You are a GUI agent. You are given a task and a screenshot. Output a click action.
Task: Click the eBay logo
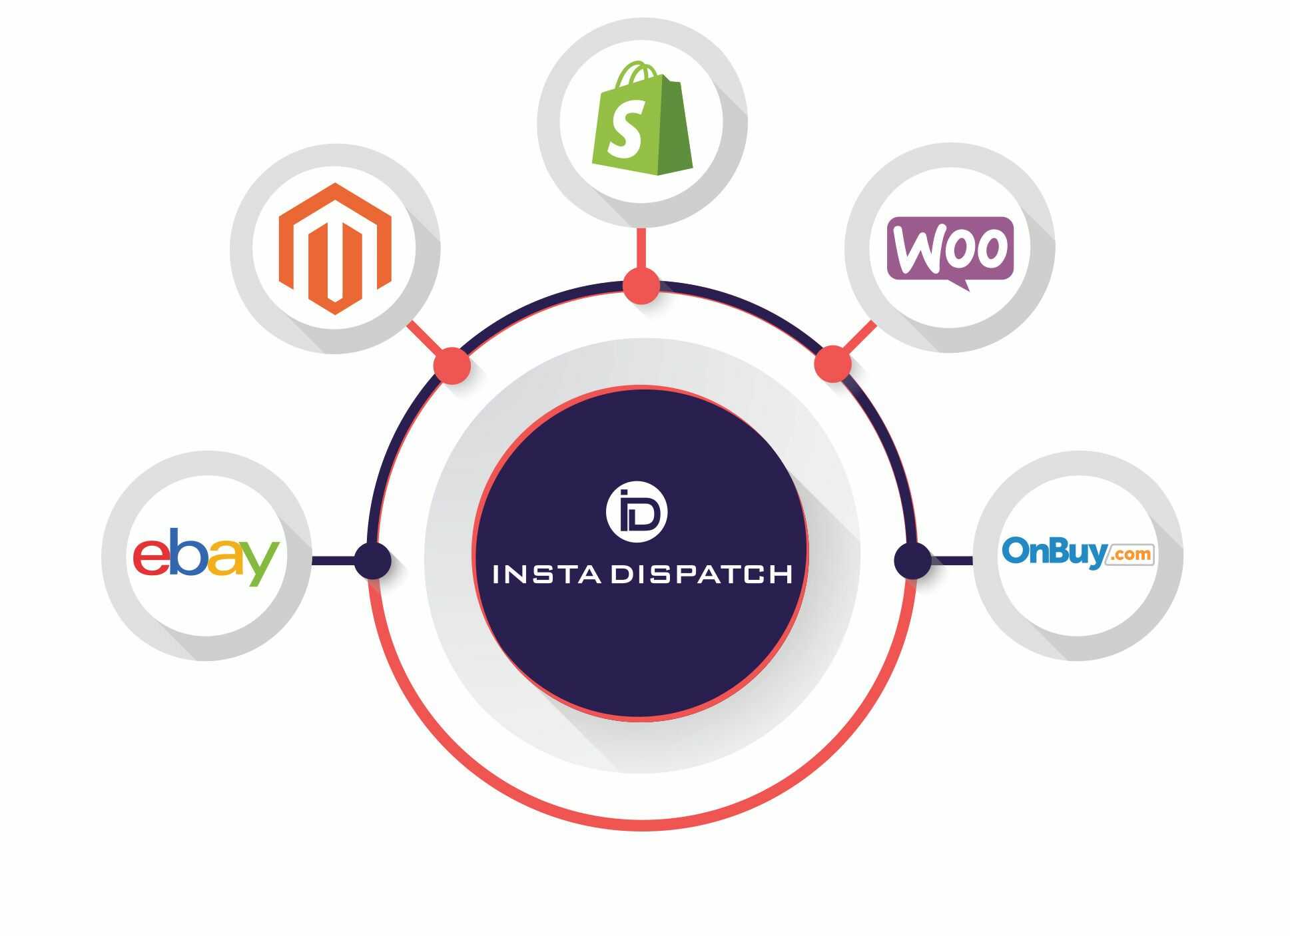coord(206,556)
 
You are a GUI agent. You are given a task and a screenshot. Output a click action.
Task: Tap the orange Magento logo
coord(334,248)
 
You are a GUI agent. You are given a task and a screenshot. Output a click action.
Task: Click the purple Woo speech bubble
coord(950,250)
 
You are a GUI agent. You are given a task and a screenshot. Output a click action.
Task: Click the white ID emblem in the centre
coord(637,511)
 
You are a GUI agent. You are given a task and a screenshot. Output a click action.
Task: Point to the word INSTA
coord(547,574)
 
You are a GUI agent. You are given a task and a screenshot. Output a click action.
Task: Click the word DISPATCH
coord(702,574)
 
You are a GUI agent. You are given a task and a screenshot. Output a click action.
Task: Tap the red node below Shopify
coord(641,286)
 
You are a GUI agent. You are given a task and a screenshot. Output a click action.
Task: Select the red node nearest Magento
coord(452,365)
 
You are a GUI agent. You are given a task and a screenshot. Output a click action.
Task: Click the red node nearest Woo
coord(833,363)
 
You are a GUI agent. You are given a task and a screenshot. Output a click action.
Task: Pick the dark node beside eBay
coord(372,561)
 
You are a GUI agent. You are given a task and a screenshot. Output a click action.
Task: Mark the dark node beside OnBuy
coord(912,561)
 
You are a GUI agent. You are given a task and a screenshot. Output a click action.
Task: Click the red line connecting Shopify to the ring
coord(641,248)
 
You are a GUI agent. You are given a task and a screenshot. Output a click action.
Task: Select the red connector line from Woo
coord(860,338)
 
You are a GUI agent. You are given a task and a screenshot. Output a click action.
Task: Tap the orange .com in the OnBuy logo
coord(1129,555)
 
